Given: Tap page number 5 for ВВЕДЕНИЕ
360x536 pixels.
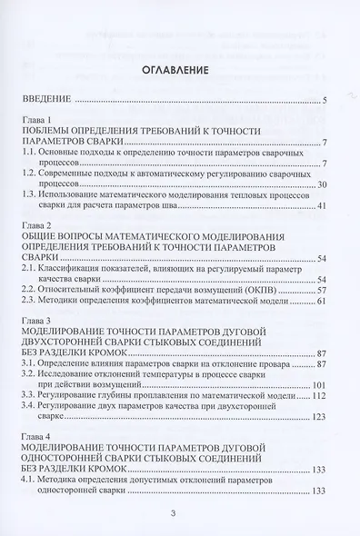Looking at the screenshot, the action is (x=325, y=101).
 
